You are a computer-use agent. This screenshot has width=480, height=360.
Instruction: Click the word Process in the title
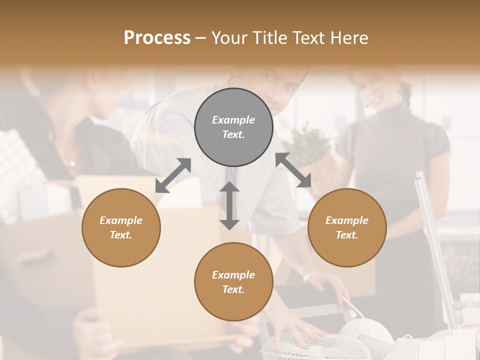pos(157,38)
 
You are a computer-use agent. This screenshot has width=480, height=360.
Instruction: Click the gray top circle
pos(233,127)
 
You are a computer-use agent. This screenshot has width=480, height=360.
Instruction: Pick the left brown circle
pos(121,227)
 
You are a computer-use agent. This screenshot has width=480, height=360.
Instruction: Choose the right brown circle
pos(347,227)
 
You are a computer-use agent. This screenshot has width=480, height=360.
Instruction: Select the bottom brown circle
pos(233,281)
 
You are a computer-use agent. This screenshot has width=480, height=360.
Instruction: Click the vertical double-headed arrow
pos(229,205)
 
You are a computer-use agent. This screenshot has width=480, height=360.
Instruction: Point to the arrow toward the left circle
pos(173,175)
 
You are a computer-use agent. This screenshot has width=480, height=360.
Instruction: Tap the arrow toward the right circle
pos(293,170)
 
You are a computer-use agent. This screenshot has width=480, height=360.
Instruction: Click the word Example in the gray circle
pos(233,120)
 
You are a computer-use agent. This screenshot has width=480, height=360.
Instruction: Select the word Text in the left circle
pos(121,235)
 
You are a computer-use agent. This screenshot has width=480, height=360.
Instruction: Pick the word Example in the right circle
pos(347,220)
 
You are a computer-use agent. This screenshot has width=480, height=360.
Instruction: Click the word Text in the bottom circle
pos(233,289)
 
